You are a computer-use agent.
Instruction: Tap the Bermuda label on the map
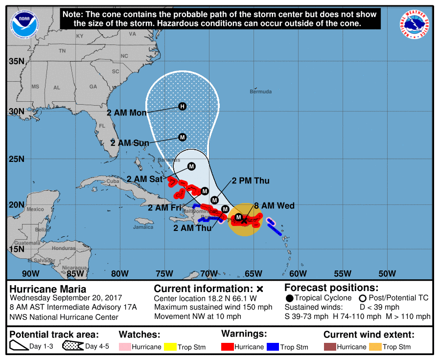coord(260,91)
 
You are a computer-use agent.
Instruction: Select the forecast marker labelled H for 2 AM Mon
coord(183,106)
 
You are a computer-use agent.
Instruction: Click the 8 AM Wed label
coord(275,206)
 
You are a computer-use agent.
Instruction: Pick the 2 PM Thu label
coord(251,181)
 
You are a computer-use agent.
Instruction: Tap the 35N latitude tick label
coord(17,61)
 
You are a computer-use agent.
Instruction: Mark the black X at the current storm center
coord(244,221)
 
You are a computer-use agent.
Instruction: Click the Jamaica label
coord(143,227)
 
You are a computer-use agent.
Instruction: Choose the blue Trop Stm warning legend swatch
coord(273,347)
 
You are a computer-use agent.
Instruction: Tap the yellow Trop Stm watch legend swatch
coord(170,347)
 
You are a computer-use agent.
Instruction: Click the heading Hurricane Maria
coord(48,289)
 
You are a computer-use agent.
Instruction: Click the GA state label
coord(93,87)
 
